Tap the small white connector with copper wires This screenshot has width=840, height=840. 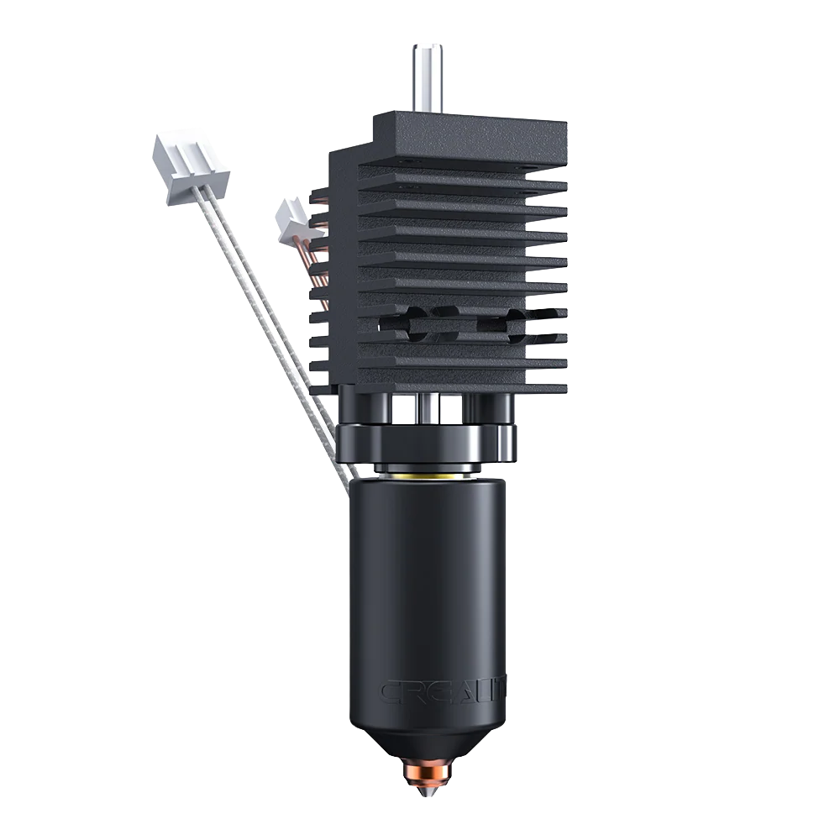tap(290, 217)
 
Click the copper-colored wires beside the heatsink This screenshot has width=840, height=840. tap(318, 260)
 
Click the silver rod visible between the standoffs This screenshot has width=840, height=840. tap(428, 409)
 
